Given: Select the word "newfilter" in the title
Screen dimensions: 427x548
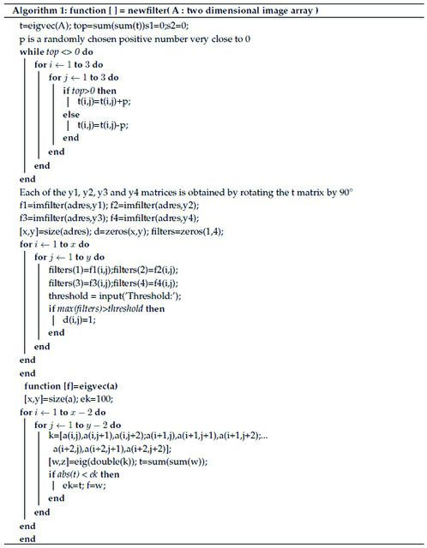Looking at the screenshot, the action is pyautogui.click(x=147, y=10).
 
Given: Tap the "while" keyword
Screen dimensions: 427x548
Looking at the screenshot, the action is pyautogui.click(x=32, y=51).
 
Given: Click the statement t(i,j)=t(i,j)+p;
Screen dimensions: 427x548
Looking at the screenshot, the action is pyautogui.click(x=104, y=102).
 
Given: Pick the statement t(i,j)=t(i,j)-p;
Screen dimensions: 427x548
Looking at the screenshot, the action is pyautogui.click(x=103, y=125).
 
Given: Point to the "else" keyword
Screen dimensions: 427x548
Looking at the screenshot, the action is pyautogui.click(x=71, y=114).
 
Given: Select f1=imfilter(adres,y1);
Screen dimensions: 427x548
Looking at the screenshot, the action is pyautogui.click(x=63, y=205).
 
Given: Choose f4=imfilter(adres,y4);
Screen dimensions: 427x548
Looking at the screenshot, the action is pyautogui.click(x=154, y=218).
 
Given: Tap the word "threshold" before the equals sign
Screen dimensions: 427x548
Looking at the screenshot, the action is pyautogui.click(x=69, y=295).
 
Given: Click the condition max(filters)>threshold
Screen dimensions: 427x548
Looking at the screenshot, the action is pyautogui.click(x=100, y=308).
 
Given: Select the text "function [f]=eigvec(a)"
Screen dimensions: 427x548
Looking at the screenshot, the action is pyautogui.click(x=71, y=386).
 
